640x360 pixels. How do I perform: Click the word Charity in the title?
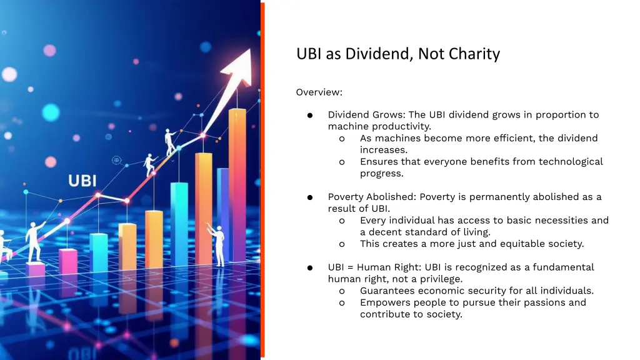click(x=478, y=54)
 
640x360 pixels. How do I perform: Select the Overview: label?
click(x=319, y=92)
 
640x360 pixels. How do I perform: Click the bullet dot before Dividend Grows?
click(x=309, y=116)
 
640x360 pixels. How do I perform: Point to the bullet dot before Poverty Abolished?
click(x=309, y=197)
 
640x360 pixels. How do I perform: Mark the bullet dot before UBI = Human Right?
click(x=309, y=268)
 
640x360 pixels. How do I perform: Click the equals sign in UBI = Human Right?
click(x=349, y=267)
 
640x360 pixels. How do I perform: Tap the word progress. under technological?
click(x=381, y=174)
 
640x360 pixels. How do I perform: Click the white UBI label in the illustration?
click(x=82, y=181)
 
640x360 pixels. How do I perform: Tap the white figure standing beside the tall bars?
click(x=218, y=244)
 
